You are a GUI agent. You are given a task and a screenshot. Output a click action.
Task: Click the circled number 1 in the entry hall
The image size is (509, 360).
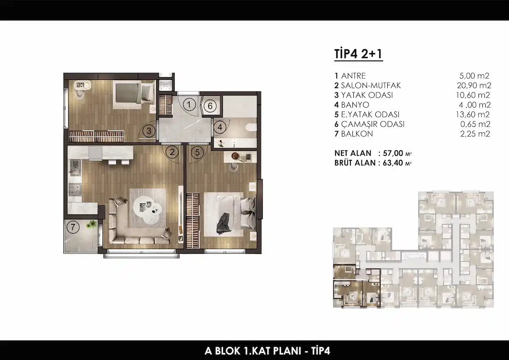coord(189,105)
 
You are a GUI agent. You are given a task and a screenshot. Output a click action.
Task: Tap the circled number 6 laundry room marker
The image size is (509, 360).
coord(210,106)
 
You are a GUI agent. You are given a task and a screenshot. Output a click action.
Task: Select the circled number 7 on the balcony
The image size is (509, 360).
coord(73,227)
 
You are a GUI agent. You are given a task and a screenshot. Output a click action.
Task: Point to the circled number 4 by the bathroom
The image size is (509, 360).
coord(220,127)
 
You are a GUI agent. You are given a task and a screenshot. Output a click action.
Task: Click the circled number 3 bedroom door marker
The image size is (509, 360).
coord(149,131)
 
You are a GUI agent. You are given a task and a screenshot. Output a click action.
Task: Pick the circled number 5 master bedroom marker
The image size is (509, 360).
coord(197,152)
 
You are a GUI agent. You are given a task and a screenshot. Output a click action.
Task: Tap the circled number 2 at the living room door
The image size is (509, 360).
coord(172,152)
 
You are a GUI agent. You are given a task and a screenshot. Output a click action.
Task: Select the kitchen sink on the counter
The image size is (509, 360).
coord(75,167)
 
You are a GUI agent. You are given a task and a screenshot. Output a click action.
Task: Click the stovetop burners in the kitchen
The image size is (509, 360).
coord(75,190)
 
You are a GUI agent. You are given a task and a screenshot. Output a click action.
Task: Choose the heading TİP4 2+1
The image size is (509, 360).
coord(358,54)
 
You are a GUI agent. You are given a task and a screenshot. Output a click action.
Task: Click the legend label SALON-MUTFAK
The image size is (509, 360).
coord(371,85)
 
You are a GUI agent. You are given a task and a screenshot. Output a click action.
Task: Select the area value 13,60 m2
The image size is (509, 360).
coord(473,114)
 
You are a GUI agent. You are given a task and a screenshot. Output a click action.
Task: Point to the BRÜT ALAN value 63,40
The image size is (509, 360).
coord(393,163)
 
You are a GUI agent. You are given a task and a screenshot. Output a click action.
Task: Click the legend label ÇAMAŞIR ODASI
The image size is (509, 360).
coord(373,124)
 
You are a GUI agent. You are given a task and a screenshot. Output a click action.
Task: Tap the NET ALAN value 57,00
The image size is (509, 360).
coord(393,153)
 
